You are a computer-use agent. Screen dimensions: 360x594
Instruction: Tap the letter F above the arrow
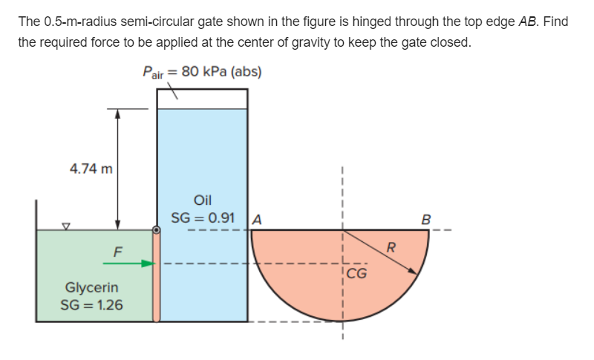[x=117, y=250]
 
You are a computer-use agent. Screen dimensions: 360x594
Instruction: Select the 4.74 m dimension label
[x=91, y=168]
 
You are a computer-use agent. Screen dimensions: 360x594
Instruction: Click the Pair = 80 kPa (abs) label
[x=201, y=72]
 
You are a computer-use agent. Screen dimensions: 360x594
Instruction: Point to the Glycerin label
[x=91, y=287]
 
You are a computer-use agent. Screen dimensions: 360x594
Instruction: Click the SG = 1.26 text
[x=92, y=304]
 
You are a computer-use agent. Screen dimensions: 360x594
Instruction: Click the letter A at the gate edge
[x=257, y=219]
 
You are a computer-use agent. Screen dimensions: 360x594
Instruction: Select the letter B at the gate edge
[x=425, y=219]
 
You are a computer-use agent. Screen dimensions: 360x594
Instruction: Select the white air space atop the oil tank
[x=202, y=98]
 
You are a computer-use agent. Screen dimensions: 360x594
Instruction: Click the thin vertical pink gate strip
[x=156, y=278]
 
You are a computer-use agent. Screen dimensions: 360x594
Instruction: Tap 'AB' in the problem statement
[x=528, y=22]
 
